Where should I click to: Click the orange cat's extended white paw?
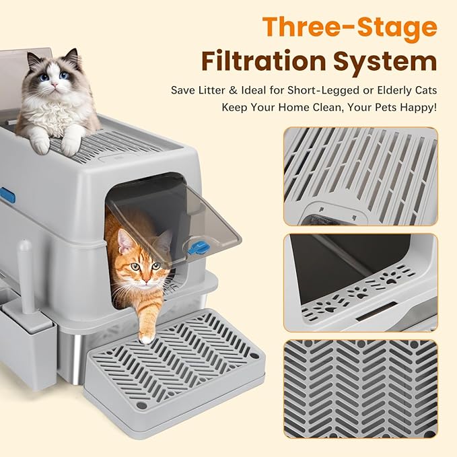[145, 336]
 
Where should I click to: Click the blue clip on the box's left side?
[7, 195]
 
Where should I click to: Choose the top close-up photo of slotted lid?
[360, 176]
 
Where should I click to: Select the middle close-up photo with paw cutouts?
[360, 282]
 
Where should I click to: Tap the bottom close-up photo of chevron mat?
[360, 388]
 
